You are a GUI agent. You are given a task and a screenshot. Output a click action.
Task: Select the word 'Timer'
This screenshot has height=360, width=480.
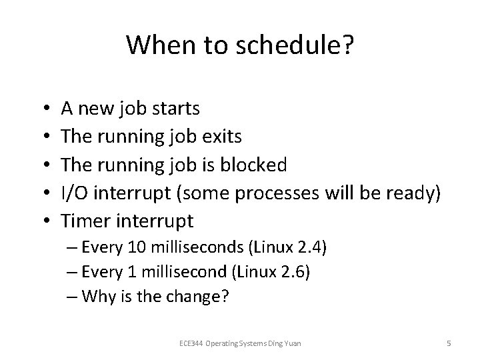click(82, 220)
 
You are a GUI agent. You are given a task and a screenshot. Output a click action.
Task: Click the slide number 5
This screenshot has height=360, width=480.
click(449, 343)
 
